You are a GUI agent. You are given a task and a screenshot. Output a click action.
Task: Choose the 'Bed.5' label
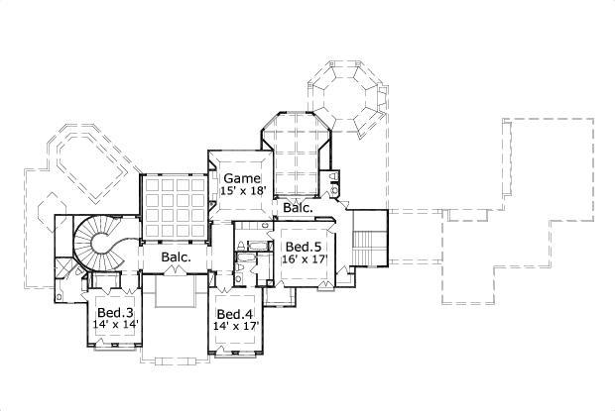click(301, 247)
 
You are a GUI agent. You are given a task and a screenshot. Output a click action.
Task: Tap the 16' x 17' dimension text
click(303, 258)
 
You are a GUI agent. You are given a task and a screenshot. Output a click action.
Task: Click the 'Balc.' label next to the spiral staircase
click(177, 257)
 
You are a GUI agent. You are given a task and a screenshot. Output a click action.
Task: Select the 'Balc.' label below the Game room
click(298, 209)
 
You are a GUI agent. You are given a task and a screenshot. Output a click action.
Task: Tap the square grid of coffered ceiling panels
click(174, 205)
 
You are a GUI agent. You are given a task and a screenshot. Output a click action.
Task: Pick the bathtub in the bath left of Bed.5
click(252, 244)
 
